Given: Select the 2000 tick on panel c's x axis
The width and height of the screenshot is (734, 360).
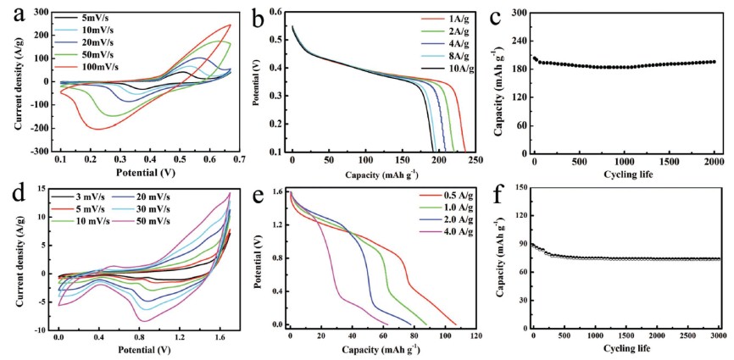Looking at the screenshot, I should [715, 160].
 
